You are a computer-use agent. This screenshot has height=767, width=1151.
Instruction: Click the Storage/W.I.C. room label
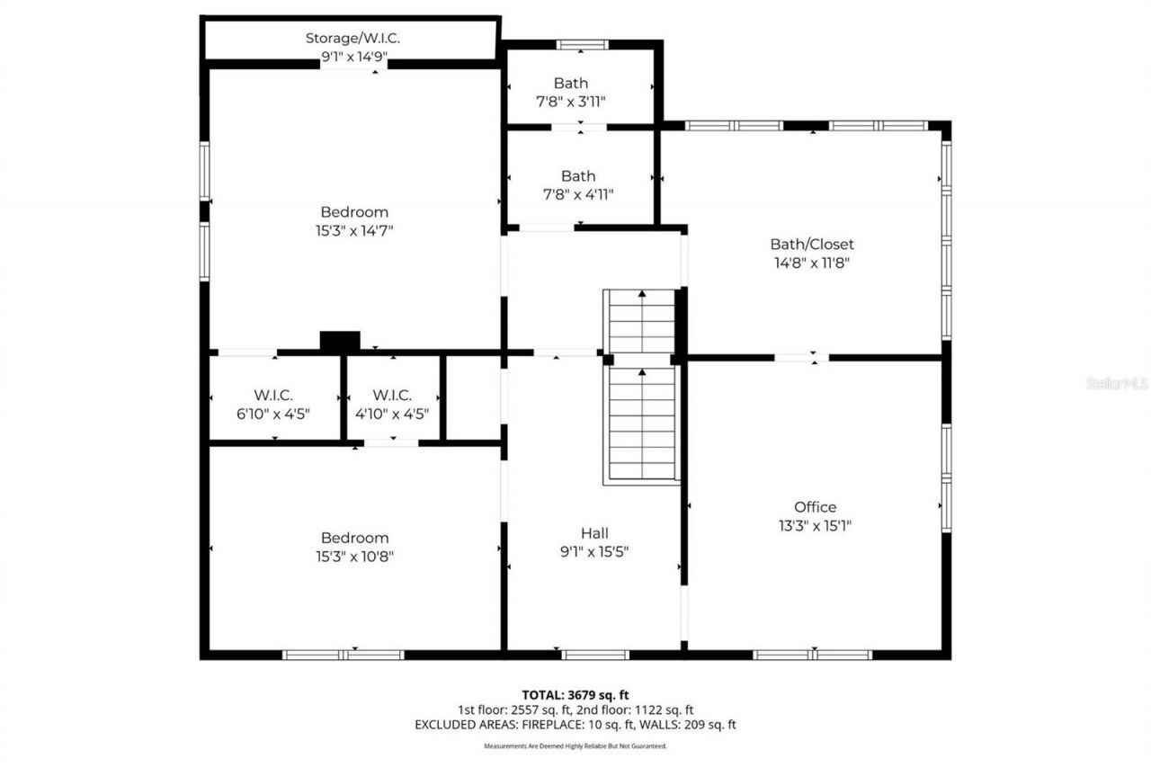(352, 38)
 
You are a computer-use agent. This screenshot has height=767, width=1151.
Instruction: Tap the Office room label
(815, 507)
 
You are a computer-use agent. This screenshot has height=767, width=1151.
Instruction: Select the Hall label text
(594, 533)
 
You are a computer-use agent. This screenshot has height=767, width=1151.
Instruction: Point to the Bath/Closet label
(811, 244)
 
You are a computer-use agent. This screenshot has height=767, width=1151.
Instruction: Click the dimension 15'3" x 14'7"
(354, 231)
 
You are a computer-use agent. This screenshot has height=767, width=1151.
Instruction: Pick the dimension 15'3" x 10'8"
(354, 557)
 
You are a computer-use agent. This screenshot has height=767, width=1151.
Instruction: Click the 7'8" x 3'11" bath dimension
(571, 103)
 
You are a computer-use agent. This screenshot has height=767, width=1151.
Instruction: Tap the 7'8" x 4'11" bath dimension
(578, 194)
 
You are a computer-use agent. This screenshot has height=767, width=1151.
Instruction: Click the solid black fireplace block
(340, 341)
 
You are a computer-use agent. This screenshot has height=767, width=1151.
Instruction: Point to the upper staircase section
(641, 322)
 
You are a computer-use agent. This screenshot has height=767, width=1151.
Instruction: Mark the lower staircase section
(642, 424)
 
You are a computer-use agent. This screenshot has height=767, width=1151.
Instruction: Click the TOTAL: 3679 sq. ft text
(575, 694)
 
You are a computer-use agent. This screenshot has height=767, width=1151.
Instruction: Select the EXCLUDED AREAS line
(575, 725)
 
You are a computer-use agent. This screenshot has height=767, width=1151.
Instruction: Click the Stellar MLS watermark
(1117, 383)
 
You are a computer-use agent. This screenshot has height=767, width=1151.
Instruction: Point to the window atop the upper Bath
(582, 44)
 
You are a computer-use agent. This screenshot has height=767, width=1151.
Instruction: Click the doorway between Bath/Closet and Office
(800, 358)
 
